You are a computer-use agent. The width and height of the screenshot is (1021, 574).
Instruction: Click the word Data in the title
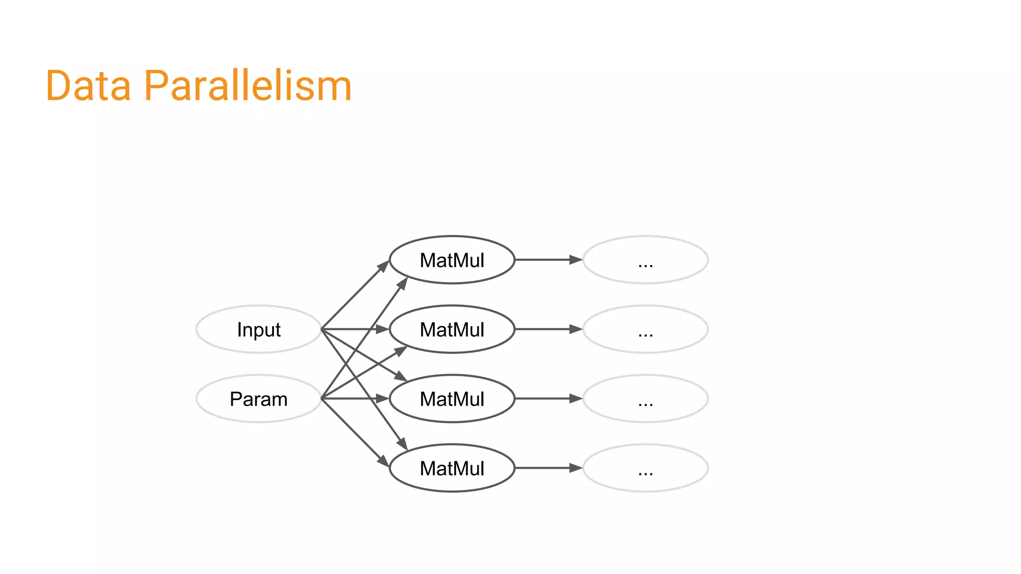point(88,86)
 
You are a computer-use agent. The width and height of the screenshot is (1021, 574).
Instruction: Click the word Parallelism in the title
point(248,86)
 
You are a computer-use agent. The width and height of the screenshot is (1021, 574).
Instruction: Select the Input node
point(259,329)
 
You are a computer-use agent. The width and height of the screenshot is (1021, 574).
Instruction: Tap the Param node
point(259,399)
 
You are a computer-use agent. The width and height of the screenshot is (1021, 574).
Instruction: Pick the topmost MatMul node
point(452,260)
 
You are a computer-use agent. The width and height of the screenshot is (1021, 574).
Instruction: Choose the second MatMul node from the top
point(452,329)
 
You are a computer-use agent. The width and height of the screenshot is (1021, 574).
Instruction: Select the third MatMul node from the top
point(452,399)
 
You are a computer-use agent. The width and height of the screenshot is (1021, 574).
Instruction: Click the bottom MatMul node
point(452,468)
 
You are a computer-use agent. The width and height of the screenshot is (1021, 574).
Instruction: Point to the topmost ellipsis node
point(645,260)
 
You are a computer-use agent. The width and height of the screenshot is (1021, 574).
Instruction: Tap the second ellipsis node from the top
point(645,329)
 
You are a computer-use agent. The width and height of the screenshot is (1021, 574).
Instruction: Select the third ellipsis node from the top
point(645,399)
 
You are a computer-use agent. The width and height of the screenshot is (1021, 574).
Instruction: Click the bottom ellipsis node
point(645,468)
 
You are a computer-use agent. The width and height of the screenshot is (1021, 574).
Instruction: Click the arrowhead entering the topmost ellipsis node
point(576,260)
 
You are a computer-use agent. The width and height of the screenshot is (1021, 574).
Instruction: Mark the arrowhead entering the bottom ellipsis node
point(576,468)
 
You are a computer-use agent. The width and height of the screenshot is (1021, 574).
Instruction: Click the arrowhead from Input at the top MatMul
point(383,266)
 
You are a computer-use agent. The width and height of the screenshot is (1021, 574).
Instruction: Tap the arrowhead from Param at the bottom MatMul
point(383,461)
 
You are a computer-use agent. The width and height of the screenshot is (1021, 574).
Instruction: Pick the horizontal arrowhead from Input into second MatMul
point(382,329)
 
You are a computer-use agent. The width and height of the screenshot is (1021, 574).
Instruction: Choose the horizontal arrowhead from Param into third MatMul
point(382,399)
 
